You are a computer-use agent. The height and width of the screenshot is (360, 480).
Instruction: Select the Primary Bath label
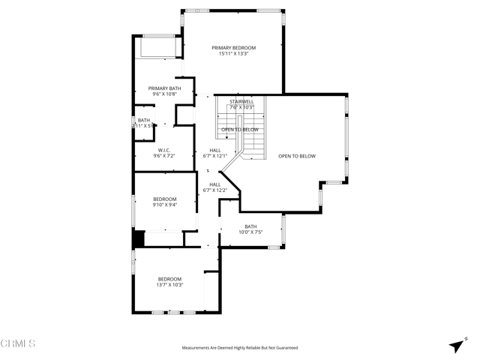tap(164, 88)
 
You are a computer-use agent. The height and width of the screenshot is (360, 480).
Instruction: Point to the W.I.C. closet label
tap(164, 150)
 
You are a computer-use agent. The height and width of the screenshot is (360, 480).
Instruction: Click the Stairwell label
tap(241, 101)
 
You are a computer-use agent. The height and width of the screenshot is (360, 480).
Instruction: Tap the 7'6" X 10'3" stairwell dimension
tap(241, 107)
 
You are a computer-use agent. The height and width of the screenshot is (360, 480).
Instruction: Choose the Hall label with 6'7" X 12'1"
tap(215, 150)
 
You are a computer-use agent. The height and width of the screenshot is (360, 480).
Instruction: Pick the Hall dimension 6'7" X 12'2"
tap(215, 190)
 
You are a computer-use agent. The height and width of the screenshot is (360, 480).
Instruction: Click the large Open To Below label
tap(297, 156)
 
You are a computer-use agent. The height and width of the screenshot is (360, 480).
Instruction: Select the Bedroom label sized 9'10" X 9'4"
tap(164, 199)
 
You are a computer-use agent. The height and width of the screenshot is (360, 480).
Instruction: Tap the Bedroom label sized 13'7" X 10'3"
tap(169, 279)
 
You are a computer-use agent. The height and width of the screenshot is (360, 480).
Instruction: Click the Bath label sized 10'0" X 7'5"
tap(250, 226)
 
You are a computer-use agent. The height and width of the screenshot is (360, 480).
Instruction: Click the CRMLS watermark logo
tap(18, 344)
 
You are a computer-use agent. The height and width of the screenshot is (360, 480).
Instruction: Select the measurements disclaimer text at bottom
tap(240, 348)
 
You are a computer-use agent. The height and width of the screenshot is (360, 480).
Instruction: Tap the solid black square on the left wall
tap(138, 239)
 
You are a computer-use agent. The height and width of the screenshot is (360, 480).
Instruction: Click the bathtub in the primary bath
tap(158, 47)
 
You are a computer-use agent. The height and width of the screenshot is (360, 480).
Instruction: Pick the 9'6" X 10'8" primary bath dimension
tap(164, 94)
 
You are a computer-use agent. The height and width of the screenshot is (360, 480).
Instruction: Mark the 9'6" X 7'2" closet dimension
tap(164, 156)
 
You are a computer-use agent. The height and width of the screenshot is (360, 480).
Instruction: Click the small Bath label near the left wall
tap(143, 120)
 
